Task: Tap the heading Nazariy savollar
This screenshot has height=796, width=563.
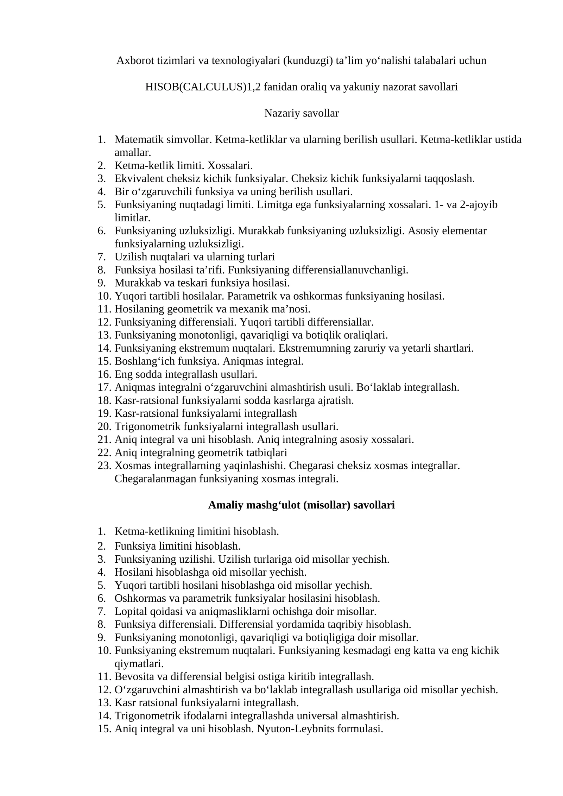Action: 301,113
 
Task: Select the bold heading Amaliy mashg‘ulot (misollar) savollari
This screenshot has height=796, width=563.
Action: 301,505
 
